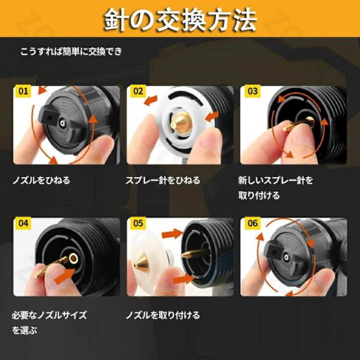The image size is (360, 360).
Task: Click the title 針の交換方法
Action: coord(180,21)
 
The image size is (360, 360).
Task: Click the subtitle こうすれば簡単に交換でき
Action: coord(71,52)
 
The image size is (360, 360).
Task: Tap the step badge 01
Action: coord(23,90)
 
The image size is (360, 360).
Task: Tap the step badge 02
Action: coord(138,90)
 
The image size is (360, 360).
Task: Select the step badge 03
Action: coord(253,90)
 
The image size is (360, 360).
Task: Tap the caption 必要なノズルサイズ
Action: coord(49,314)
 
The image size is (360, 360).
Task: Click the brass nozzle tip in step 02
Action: coord(179,119)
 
